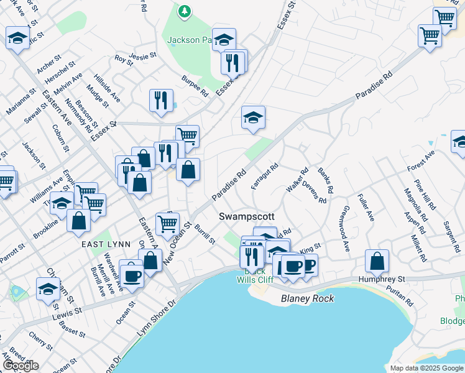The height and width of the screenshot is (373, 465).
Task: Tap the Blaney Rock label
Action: click(307, 298)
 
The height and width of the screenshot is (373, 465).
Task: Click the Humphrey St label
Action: click(382, 280)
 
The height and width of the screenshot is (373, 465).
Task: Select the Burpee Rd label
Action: click(195, 86)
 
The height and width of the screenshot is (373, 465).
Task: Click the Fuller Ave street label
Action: click(367, 207)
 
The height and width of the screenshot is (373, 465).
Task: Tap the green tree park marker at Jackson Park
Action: click(184, 11)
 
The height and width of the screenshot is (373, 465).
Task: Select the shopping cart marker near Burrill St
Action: click(167, 224)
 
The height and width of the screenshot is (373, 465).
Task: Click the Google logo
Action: click(21, 366)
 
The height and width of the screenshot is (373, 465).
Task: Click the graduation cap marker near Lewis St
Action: click(48, 290)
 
